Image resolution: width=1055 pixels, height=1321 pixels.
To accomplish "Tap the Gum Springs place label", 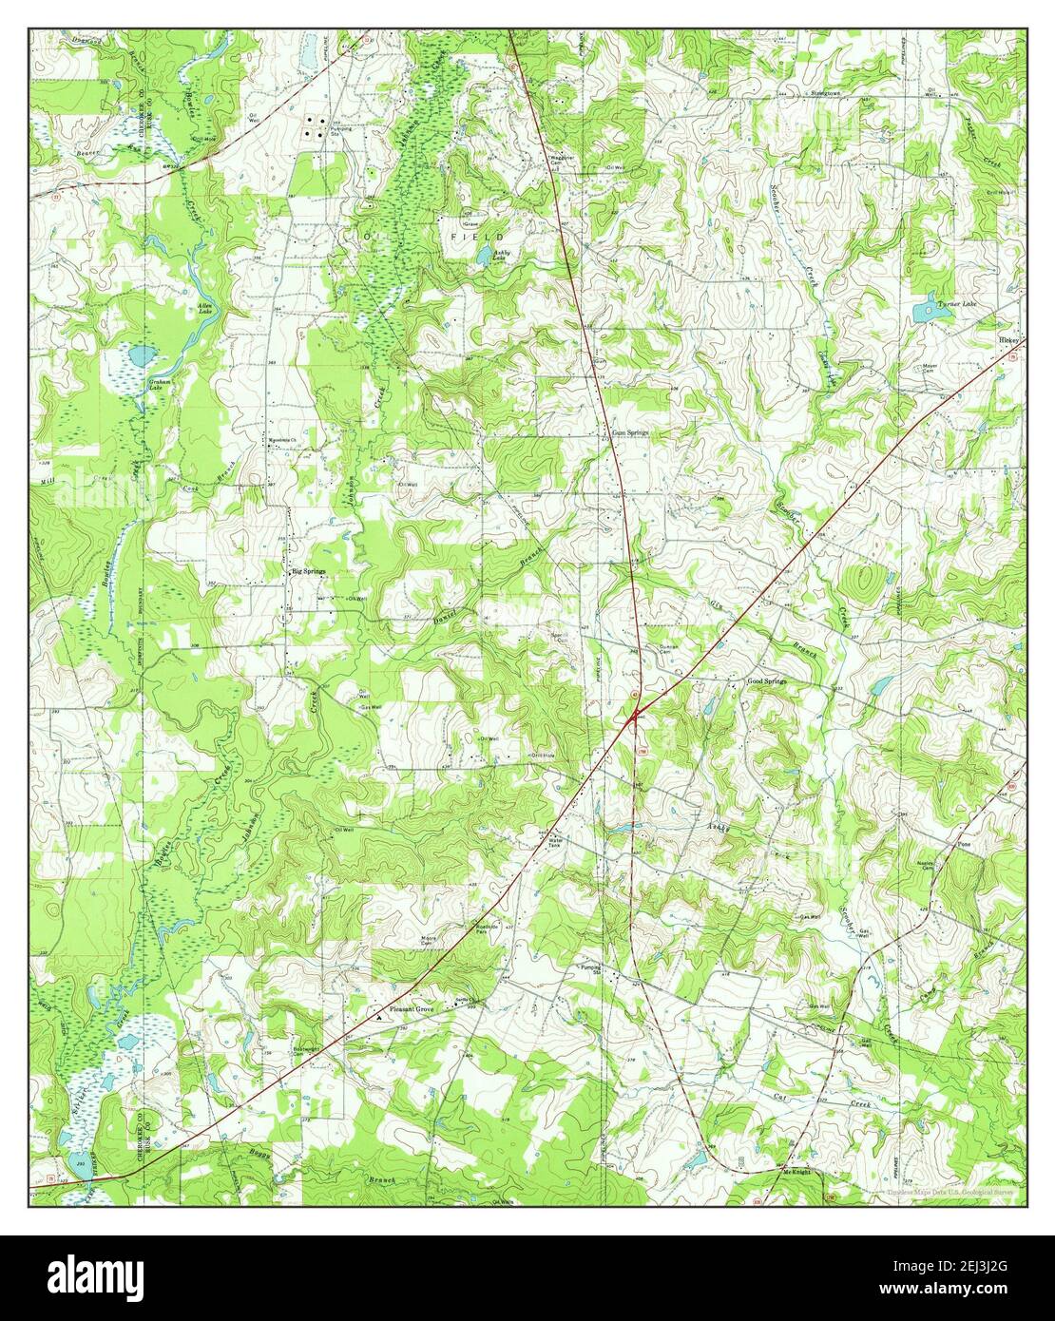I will coord(630,432).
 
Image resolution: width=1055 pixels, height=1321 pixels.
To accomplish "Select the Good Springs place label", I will coord(767,682).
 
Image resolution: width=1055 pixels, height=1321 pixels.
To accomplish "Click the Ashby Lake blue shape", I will coord(485,257).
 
